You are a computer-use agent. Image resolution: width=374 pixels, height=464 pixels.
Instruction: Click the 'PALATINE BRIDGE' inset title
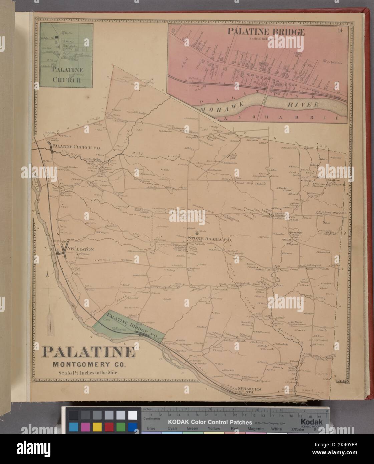tap(266, 32)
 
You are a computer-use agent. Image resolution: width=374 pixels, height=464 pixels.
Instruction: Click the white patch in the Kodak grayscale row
tap(132, 415)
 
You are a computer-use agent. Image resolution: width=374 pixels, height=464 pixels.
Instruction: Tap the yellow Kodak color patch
tap(97, 426)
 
